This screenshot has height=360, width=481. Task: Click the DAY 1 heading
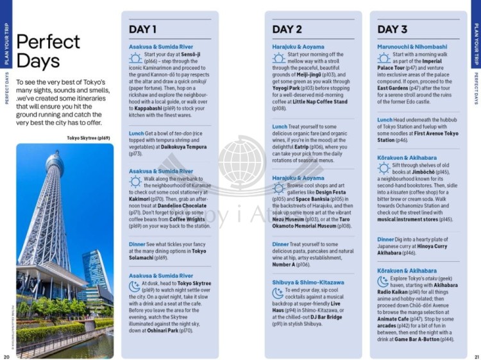click(x=142, y=29)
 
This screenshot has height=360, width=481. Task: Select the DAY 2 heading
click(x=287, y=29)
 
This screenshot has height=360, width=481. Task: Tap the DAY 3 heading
click(x=392, y=29)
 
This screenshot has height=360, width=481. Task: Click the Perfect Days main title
click(x=48, y=51)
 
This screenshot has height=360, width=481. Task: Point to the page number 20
click(x=6, y=357)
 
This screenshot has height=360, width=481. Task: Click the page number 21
click(x=476, y=357)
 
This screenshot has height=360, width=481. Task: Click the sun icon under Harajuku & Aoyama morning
click(x=278, y=58)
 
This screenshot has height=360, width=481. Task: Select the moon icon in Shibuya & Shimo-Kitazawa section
click(x=278, y=293)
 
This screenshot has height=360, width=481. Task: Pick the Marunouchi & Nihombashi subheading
click(x=412, y=47)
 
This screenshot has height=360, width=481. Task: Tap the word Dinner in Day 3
click(x=385, y=239)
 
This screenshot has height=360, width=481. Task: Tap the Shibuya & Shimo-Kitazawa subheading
click(x=308, y=282)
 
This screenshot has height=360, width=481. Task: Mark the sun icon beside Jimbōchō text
click(x=384, y=168)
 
